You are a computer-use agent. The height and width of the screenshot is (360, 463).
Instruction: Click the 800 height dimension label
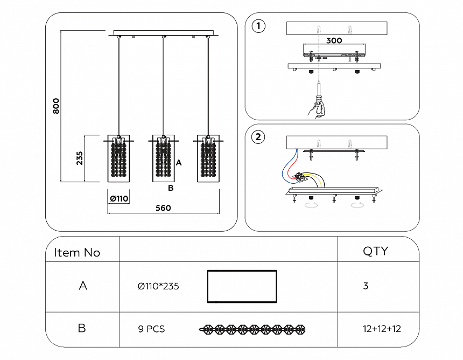[56, 106]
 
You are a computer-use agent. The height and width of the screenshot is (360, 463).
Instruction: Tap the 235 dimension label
[80, 158]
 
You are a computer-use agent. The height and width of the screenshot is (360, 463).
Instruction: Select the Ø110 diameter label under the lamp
[119, 199]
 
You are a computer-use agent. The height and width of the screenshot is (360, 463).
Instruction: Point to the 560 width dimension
[163, 208]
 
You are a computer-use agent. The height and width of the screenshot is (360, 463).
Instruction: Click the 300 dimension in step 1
[334, 40]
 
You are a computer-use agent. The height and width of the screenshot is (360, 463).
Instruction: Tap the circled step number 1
[259, 26]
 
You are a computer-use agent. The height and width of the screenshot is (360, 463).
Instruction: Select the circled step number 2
[259, 137]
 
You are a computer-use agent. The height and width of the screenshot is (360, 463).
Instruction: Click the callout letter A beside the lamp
[179, 162]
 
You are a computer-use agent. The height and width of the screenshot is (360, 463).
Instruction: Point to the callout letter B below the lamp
[170, 188]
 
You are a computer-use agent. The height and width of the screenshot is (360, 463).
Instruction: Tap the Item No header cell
[77, 253]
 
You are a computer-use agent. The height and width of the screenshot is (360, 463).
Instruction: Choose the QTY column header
[375, 251]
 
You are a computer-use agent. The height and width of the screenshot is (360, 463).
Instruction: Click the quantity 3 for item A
[366, 286]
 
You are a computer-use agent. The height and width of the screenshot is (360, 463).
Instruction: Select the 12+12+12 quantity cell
[382, 329]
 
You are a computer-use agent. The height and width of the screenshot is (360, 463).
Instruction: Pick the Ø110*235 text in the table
[158, 286]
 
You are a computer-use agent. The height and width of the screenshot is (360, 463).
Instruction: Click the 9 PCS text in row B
[151, 329]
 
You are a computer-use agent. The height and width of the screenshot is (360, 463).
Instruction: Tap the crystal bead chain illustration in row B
[252, 329]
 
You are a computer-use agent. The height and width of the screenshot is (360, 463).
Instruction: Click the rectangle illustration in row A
[242, 286]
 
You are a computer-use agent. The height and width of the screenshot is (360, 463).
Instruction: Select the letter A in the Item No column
[83, 286]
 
